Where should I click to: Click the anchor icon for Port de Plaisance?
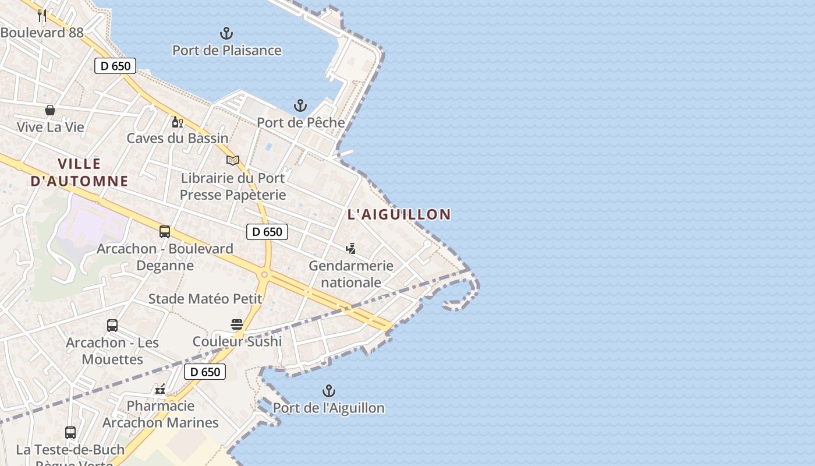pos(226,33)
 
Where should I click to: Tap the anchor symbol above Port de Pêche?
pos(300,105)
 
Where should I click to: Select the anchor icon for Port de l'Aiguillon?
pos(329,391)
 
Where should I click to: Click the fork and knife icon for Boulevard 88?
pos(42,15)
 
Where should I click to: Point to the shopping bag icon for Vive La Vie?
pos(50,110)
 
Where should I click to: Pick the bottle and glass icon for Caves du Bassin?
pos(177,122)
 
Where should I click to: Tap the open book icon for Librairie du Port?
pos(233,160)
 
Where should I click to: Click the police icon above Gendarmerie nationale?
pos(350,249)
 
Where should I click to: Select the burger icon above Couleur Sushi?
pos(236,324)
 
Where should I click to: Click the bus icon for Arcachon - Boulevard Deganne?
pos(165,232)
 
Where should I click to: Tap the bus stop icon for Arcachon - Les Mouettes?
pos(112,326)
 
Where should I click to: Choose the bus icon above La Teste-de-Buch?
pos(70,433)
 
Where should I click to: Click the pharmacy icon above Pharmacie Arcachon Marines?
pos(160,389)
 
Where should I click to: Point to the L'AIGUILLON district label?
pos(399,214)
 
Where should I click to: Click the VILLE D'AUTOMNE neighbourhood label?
pos(79,172)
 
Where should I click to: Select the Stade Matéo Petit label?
pos(205,299)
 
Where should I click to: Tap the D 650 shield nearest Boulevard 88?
pos(115,66)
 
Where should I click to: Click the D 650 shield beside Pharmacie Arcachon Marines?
pos(205,372)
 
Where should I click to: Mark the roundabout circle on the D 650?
pos(264,274)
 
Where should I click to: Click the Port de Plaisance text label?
pos(226,51)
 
